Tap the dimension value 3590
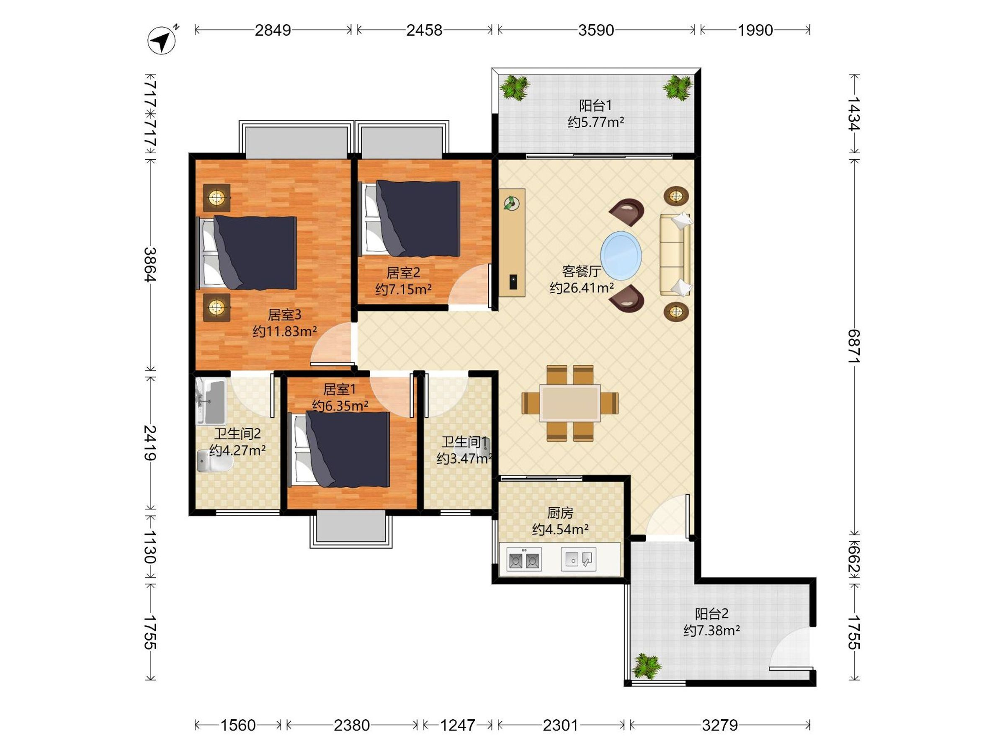coord(595,30)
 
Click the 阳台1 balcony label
coord(595,106)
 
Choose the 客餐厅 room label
coord(582,271)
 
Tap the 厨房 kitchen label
coord(560,513)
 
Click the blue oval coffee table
coord(621,254)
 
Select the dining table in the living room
coord(570,403)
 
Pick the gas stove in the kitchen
coord(524,560)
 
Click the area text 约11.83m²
coord(284,331)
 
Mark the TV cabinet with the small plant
coord(512,243)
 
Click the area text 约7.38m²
coord(711,630)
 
